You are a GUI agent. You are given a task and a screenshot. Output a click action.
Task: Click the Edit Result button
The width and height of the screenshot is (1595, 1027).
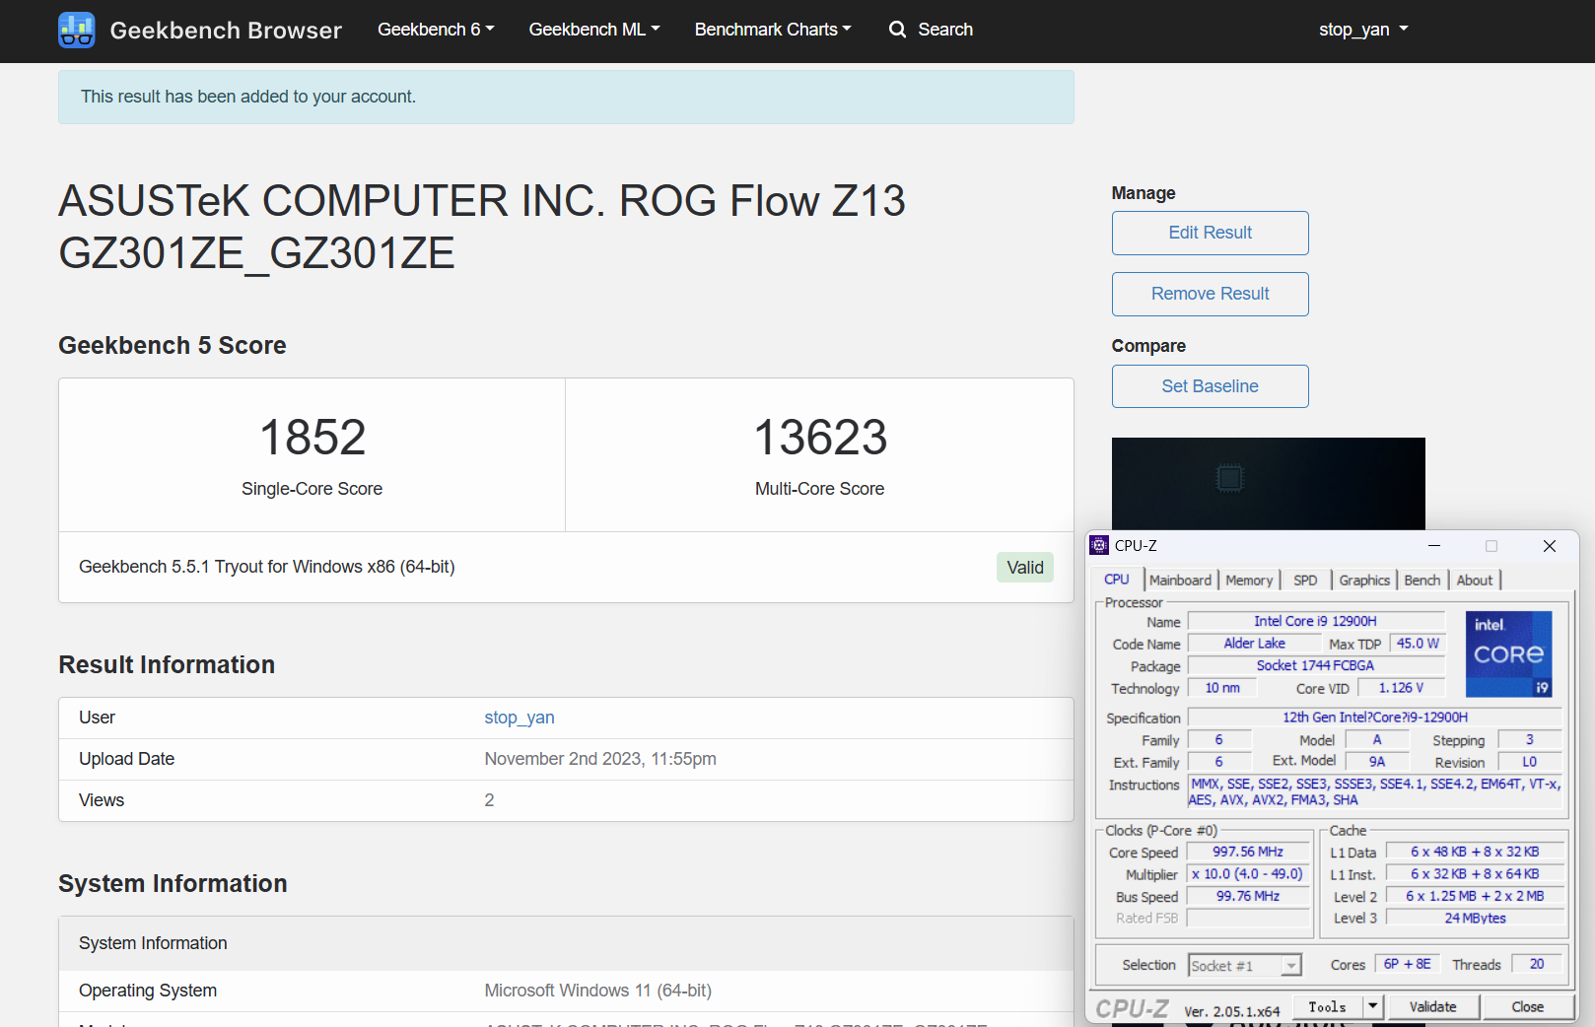(1210, 233)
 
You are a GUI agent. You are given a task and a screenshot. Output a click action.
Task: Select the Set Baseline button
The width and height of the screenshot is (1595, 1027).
(1210, 386)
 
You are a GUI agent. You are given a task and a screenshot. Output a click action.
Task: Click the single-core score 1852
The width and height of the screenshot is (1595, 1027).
(312, 437)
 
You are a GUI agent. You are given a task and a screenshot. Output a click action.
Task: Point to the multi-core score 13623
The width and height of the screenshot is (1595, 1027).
(820, 437)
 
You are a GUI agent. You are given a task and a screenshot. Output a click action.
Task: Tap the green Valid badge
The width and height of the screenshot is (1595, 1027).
(1024, 568)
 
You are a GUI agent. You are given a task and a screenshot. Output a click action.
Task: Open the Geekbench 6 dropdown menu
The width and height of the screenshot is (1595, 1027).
(436, 30)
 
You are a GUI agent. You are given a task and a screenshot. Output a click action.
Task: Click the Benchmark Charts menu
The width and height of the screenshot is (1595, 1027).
(773, 30)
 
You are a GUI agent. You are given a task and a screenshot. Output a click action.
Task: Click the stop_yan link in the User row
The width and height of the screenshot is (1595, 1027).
(520, 718)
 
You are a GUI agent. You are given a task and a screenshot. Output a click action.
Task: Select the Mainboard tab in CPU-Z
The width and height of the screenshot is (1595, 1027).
(1180, 581)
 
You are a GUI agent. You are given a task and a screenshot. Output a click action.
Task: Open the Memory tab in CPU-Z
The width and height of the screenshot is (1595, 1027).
(1249, 581)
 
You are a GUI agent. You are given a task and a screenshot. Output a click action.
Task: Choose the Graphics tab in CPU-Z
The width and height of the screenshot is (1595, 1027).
(1363, 581)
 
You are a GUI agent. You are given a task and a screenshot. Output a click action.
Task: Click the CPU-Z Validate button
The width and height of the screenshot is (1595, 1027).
(1432, 1007)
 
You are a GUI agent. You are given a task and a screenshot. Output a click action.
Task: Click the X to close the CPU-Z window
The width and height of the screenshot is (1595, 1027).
(1550, 546)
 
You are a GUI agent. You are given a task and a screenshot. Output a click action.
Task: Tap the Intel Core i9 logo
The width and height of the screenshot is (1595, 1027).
(1508, 654)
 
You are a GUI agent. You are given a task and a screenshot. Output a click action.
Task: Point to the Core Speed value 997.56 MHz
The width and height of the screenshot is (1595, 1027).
(1248, 852)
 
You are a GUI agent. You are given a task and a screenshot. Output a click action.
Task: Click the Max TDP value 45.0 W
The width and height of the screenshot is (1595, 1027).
(1417, 644)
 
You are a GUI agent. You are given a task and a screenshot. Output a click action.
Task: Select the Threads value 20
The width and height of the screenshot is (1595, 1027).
(1537, 964)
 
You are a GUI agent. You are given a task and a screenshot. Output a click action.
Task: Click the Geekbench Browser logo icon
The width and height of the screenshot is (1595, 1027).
(76, 30)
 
